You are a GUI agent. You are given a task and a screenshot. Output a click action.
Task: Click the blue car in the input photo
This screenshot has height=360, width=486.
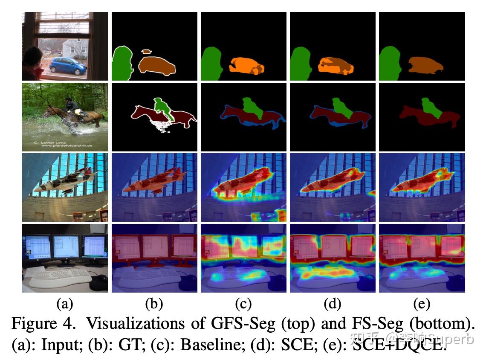[x=68, y=66]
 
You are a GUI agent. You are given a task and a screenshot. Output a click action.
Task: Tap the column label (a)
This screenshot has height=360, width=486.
[x=65, y=304]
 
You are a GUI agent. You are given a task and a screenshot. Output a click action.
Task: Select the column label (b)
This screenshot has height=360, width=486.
[x=154, y=304]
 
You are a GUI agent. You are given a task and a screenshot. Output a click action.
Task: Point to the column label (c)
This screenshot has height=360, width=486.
[x=243, y=304]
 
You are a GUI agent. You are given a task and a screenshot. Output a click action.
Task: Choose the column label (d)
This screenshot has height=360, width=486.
[x=333, y=304]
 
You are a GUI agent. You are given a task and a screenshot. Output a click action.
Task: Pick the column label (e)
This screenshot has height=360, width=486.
[x=422, y=304]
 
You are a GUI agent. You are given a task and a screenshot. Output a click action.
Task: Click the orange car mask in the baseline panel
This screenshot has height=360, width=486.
[x=246, y=67]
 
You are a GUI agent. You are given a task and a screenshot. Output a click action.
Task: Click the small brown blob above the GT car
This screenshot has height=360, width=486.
[x=146, y=52]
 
